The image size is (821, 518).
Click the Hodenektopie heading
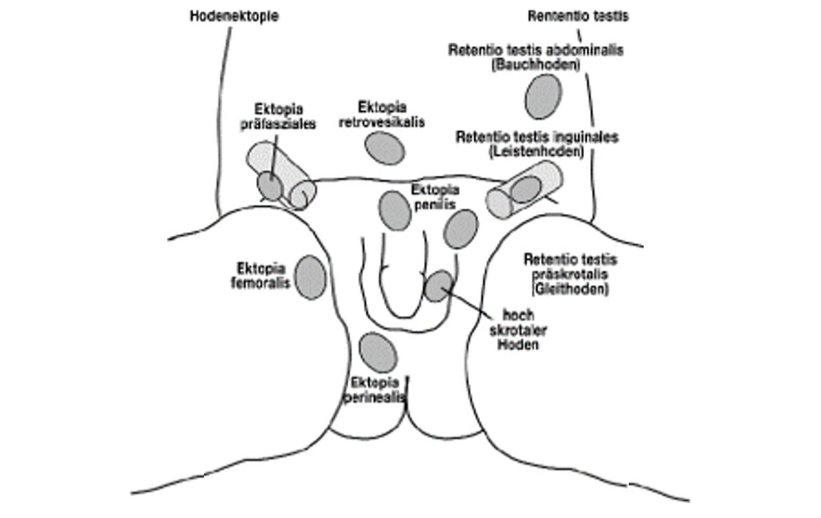234,16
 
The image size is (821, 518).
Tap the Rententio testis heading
578,16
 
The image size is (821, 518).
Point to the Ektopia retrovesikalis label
382,114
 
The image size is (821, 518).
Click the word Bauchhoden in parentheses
535,65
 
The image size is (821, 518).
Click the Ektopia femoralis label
261,275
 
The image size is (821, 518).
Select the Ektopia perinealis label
375,390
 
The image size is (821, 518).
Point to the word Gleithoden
570,290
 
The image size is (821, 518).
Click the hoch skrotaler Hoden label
517,330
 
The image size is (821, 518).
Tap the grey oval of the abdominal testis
543,97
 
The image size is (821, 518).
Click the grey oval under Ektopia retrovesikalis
385,148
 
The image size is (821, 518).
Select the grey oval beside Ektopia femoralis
311,277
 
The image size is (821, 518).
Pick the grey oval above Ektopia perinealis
378,353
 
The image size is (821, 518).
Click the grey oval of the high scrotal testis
439,286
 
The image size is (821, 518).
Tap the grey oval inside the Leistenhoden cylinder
526,189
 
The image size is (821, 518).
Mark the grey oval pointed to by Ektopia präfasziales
270,186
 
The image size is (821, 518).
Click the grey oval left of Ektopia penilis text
395,211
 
